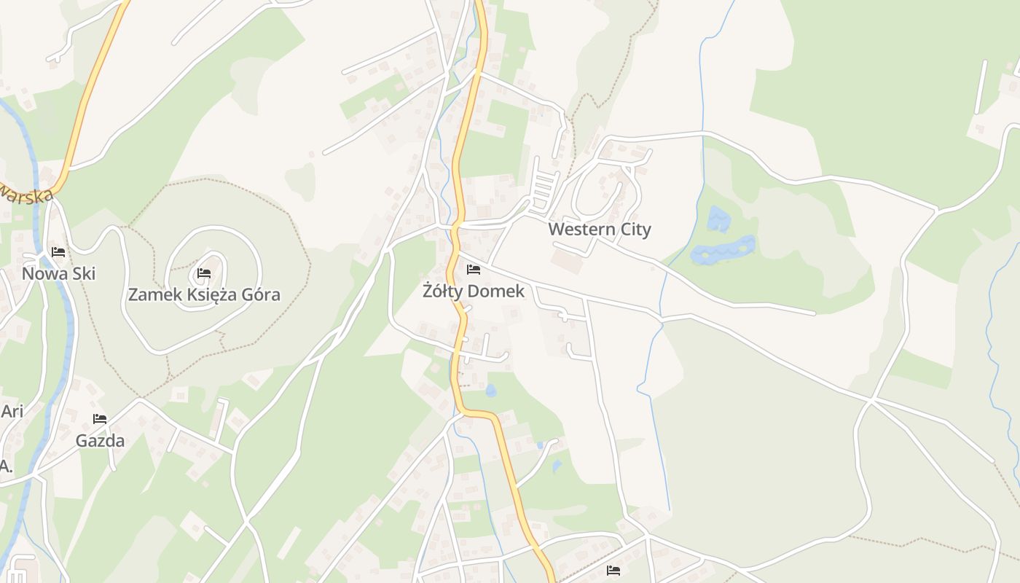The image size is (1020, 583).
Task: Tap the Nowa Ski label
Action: (58, 274)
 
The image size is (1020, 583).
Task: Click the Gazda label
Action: (100, 441)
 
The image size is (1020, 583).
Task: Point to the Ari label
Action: (12, 411)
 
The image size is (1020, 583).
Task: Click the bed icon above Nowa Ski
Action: (58, 252)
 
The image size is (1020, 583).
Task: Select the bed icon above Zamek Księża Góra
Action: (204, 273)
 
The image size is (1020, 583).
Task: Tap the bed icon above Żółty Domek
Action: (474, 270)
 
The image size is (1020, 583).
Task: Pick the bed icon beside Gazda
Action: (100, 419)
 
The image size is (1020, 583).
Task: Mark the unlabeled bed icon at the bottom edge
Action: (613, 570)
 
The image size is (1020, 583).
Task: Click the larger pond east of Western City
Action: (723, 250)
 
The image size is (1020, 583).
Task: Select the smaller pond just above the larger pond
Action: (718, 219)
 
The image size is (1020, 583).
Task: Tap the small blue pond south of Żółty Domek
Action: (490, 391)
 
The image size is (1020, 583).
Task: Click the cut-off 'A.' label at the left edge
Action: (6, 466)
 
